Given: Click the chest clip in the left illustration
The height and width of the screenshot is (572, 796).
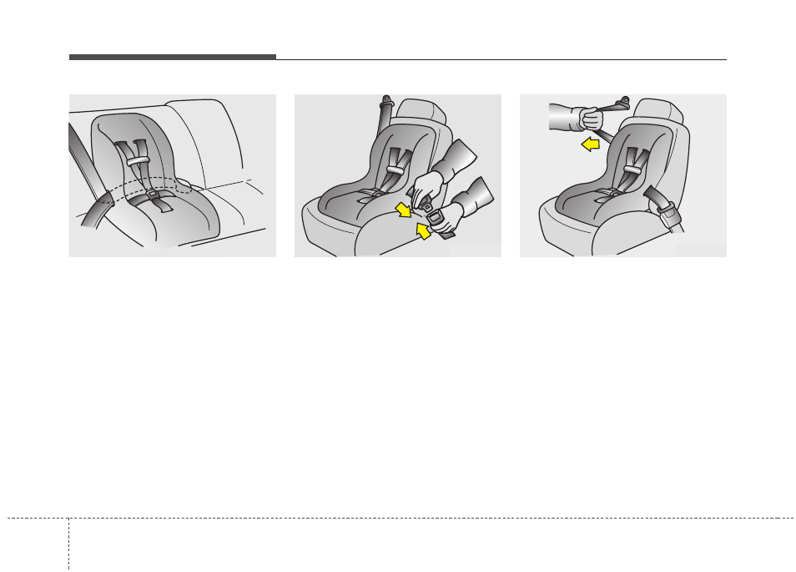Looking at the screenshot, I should pos(138,159).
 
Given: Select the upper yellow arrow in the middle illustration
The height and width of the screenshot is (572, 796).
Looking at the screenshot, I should pos(403,208).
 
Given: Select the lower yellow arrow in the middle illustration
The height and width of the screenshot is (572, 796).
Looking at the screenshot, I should pos(424,230).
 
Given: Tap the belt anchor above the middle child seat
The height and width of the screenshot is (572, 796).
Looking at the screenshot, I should pos(385,107).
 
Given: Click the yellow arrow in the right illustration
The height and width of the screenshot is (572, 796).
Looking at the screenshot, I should pos(590,145).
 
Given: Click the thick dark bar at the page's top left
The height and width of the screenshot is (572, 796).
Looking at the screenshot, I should pos(172,57).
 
